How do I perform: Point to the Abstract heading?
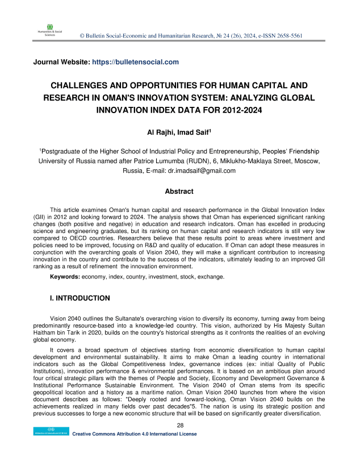[179, 192]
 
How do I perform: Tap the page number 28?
[179, 425]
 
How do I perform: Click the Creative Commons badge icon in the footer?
[50, 434]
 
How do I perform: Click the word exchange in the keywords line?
[212, 276]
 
